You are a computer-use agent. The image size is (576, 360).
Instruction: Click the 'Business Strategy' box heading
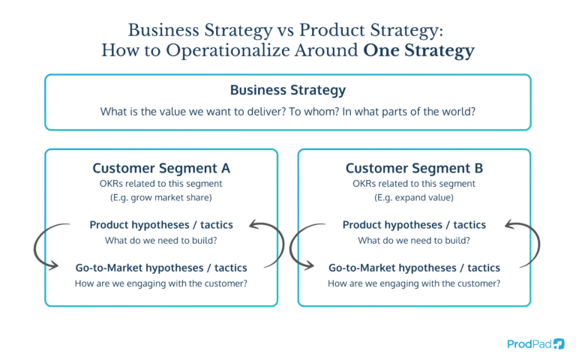click(x=288, y=90)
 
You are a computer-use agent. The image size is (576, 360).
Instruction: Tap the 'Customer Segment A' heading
click(x=160, y=168)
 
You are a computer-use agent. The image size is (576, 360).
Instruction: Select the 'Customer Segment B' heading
click(x=414, y=168)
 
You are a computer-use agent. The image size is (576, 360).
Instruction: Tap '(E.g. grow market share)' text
click(x=160, y=197)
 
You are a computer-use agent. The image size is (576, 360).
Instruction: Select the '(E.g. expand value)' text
click(x=414, y=197)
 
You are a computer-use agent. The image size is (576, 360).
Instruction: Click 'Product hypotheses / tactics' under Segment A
click(x=161, y=224)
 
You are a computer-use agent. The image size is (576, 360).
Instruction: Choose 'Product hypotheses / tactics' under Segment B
click(x=414, y=224)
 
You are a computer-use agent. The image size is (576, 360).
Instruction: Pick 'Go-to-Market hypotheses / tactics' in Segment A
click(x=161, y=267)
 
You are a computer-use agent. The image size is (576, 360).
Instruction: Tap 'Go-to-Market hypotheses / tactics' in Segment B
click(x=414, y=267)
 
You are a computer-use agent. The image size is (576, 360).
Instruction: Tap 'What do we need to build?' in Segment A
click(x=161, y=240)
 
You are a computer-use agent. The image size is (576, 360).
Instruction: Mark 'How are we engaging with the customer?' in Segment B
click(x=414, y=283)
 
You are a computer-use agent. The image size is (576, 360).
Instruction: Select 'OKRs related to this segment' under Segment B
click(x=414, y=184)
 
